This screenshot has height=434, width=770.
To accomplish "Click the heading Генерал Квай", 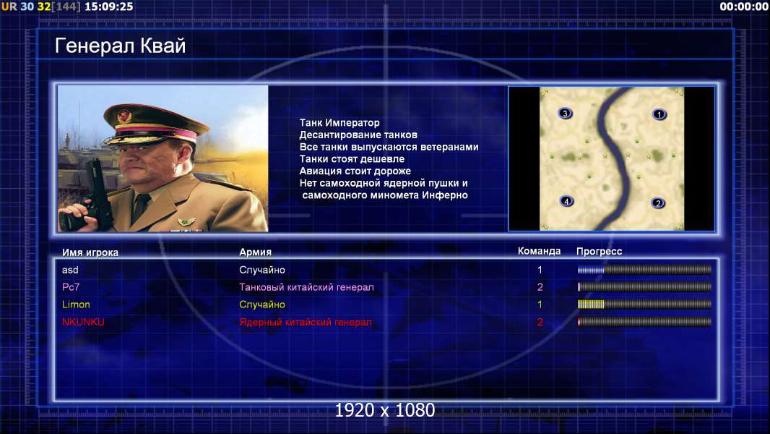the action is [121, 46].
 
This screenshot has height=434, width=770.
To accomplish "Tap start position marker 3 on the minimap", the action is [565, 114].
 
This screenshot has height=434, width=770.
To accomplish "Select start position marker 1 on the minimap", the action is [659, 114].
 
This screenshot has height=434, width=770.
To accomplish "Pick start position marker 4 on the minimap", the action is [566, 201].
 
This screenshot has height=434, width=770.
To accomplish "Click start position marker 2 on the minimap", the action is [657, 203].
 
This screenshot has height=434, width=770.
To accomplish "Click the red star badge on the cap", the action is [125, 116].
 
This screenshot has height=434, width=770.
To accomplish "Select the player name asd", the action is [70, 270].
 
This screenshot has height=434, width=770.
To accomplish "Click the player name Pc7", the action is [71, 287].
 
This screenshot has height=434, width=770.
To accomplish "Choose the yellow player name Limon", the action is [76, 305].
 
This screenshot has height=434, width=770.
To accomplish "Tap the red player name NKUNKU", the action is [83, 322].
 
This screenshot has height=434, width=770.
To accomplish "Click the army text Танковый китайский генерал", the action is [306, 287].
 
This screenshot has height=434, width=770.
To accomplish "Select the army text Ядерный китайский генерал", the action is [306, 323].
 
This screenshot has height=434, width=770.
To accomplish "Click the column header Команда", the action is [539, 251].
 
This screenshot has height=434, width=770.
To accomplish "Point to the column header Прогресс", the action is [599, 252].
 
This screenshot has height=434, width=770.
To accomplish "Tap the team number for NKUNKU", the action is [540, 323].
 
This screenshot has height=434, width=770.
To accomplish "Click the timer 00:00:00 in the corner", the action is [743, 7].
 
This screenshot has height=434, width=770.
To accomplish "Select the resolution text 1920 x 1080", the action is [385, 410].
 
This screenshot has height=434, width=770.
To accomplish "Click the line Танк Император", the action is [339, 123].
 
